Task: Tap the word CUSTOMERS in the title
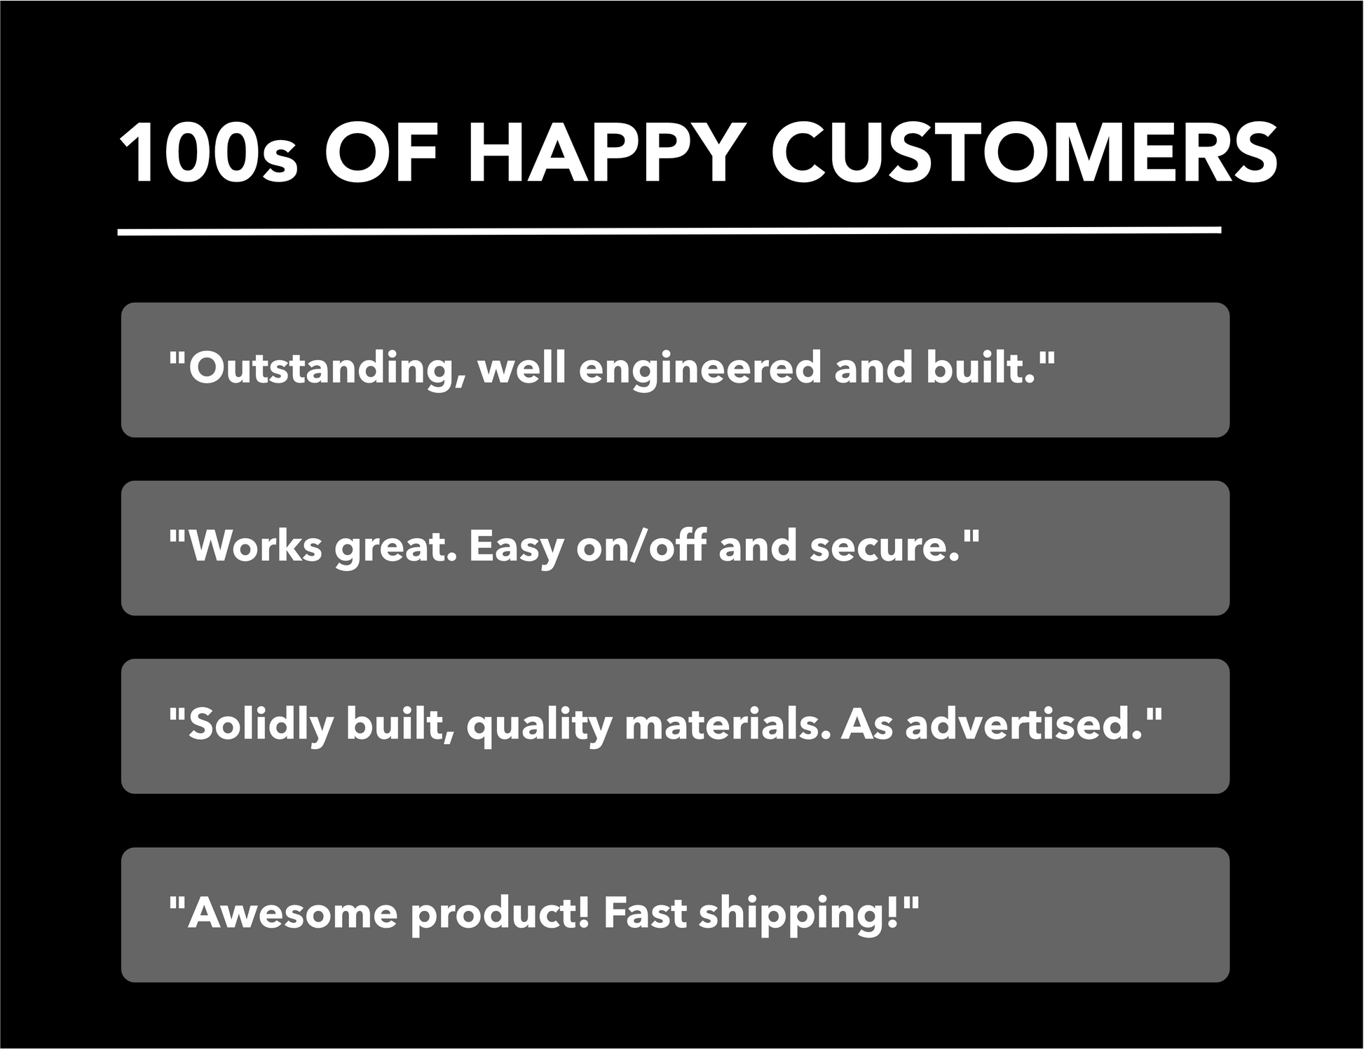[x=1025, y=154]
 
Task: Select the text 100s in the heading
[x=208, y=154]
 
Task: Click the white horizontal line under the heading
[x=669, y=231]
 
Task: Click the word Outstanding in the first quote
[x=319, y=369]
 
